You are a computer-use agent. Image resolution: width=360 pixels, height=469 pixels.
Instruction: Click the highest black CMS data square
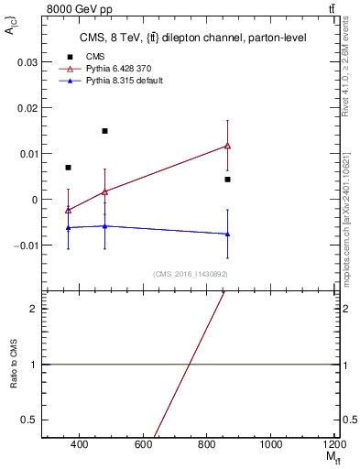tap(105, 131)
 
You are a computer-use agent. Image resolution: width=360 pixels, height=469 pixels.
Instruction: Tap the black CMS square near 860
tap(227, 180)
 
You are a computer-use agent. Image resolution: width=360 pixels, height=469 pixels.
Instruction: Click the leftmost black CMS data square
tap(69, 168)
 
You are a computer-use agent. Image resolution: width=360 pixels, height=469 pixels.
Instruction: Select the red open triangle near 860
tap(227, 145)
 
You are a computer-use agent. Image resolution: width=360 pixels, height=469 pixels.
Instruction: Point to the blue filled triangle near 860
tap(227, 234)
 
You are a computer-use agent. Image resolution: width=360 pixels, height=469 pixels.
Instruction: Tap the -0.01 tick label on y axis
tap(26, 245)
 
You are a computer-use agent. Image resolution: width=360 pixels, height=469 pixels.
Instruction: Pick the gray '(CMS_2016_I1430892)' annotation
tap(191, 274)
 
